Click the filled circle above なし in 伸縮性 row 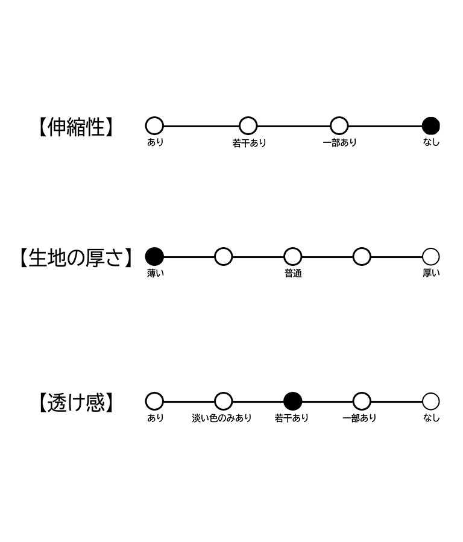click(431, 126)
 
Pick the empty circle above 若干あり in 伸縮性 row click(248, 126)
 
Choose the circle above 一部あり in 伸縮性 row click(339, 126)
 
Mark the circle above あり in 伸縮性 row click(154, 126)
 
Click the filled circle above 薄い click(154, 256)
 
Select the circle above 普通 click(292, 256)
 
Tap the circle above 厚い click(431, 256)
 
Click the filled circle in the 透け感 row click(292, 402)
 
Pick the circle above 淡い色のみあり click(224, 402)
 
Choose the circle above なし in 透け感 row click(431, 402)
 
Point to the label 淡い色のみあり click(221, 418)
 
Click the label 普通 click(293, 274)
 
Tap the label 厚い click(431, 273)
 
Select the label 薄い click(155, 273)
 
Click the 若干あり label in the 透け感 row click(292, 418)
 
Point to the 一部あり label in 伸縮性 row click(339, 142)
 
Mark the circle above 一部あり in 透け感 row click(362, 402)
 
